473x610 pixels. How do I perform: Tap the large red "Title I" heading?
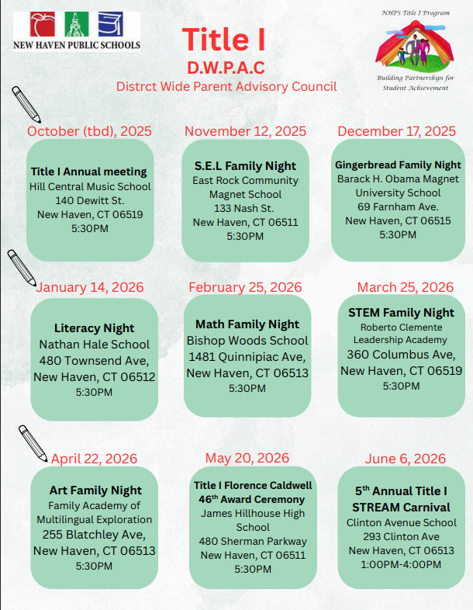pos(225,37)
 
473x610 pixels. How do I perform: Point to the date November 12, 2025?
pos(245,131)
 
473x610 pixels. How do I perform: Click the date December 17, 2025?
pos(396,131)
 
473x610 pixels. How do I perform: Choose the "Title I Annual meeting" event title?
pos(88,172)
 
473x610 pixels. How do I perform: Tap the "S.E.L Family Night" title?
pos(245,165)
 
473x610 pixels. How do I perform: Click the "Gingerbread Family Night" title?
pos(398,165)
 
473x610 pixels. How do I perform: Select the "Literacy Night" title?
pos(94,328)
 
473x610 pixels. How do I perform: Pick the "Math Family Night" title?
pos(247,324)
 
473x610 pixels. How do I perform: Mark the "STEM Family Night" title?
pos(401,312)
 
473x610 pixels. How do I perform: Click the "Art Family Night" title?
pos(95,490)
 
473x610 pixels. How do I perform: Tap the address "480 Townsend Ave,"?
pos(94,360)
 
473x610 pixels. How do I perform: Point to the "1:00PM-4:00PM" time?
pos(401,564)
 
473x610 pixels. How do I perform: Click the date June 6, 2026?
pos(401,459)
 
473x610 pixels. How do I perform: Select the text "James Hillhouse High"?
pos(253,513)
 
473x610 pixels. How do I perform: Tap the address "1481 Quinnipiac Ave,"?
pos(247,356)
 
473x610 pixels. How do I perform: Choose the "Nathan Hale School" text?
pos(94,344)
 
